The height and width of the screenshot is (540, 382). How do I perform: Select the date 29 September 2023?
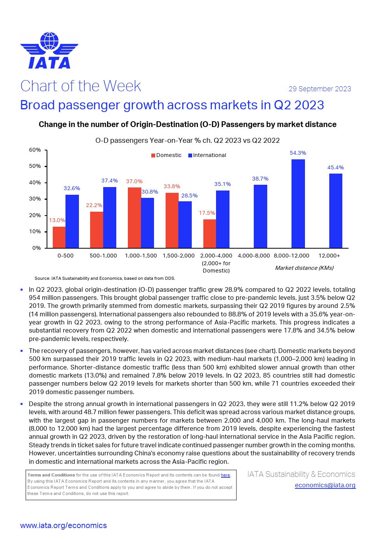320,89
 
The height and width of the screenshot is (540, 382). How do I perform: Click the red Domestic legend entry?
166,155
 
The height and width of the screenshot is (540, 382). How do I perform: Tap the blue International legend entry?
207,155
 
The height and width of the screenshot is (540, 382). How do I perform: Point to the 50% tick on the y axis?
35,166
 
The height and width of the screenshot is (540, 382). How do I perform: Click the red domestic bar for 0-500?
59,237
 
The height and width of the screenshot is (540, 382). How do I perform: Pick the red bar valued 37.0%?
134,217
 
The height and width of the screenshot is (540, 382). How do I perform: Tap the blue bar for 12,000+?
335,211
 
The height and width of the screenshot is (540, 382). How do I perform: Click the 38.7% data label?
260,179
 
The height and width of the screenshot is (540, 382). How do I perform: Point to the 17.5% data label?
207,213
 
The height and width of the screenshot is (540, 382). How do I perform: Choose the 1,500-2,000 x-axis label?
179,256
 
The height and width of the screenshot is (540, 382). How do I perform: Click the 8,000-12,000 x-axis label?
292,256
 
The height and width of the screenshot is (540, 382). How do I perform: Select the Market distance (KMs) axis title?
304,268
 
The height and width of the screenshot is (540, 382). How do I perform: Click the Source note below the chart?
105,278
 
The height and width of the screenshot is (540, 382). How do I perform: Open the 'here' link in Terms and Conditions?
225,475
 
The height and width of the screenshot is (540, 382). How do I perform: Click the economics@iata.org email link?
325,485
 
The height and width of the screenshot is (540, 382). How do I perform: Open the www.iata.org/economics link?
64,525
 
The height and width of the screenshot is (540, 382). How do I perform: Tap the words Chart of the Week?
81,86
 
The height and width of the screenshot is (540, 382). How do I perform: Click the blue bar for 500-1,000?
110,217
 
